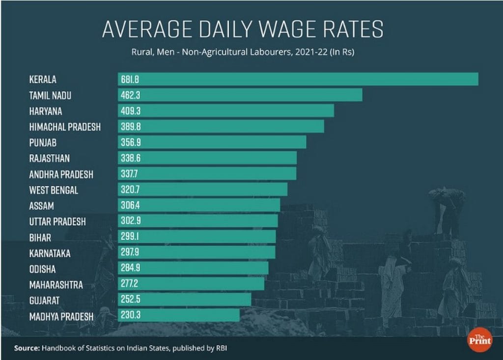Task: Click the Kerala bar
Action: [298, 79]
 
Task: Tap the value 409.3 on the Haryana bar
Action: [130, 111]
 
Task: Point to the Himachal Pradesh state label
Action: [65, 127]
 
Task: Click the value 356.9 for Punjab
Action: [130, 142]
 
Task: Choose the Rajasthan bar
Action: [207, 158]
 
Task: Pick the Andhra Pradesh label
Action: [61, 174]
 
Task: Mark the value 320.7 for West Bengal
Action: [130, 190]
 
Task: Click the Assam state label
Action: [41, 206]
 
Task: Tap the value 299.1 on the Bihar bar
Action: [130, 237]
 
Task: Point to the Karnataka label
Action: [50, 253]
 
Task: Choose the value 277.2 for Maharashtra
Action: [130, 284]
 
